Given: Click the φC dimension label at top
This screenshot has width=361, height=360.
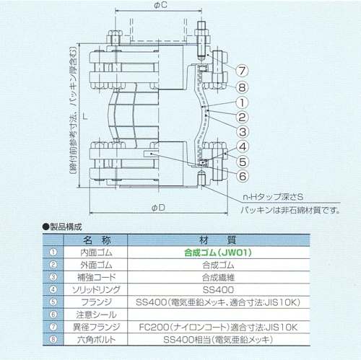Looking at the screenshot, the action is pos(160,5).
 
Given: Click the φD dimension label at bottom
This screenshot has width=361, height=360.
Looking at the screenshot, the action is pos(158,208).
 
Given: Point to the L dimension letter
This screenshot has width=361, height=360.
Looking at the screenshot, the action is pos(84,116).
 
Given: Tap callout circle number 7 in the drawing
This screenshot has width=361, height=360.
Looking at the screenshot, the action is pos(242,71).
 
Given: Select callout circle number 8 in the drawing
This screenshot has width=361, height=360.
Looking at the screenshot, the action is pos(242,87).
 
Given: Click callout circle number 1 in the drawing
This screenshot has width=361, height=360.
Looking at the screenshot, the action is pos(242,102).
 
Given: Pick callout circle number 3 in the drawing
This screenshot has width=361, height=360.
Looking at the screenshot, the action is pos(242,132).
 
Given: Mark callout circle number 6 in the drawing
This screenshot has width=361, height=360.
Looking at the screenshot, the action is pos(242,176).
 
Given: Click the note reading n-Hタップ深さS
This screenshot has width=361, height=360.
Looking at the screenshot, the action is pos(273,197).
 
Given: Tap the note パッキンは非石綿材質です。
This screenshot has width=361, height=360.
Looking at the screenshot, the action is pos(290,211).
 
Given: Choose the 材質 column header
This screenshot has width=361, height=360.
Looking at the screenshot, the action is pos(218,240).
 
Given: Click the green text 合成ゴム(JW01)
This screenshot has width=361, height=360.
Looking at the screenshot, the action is pos(218,253).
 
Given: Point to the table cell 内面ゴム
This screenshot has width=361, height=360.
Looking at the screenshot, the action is pos(96,253).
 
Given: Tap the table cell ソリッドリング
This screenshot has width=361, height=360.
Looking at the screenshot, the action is pos(96,290).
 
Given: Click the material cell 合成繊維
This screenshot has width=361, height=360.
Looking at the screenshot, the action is pos(218,278).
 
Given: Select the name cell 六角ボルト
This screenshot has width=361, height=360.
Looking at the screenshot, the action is pos(96,340).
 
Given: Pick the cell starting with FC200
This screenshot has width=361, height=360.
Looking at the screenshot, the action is pos(218,327).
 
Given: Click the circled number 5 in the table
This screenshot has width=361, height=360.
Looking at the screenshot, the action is pos(53,302).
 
